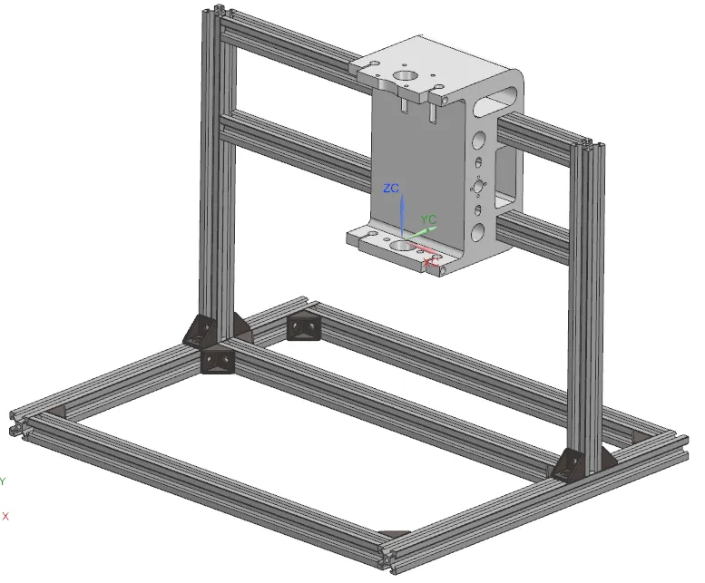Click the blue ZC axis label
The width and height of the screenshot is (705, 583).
[x=391, y=189]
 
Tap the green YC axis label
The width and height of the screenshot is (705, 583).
[x=429, y=219]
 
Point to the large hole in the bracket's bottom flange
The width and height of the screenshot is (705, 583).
[x=400, y=246]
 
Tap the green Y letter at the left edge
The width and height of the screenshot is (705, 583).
[x=3, y=481]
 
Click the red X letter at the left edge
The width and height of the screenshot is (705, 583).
[x=5, y=516]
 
